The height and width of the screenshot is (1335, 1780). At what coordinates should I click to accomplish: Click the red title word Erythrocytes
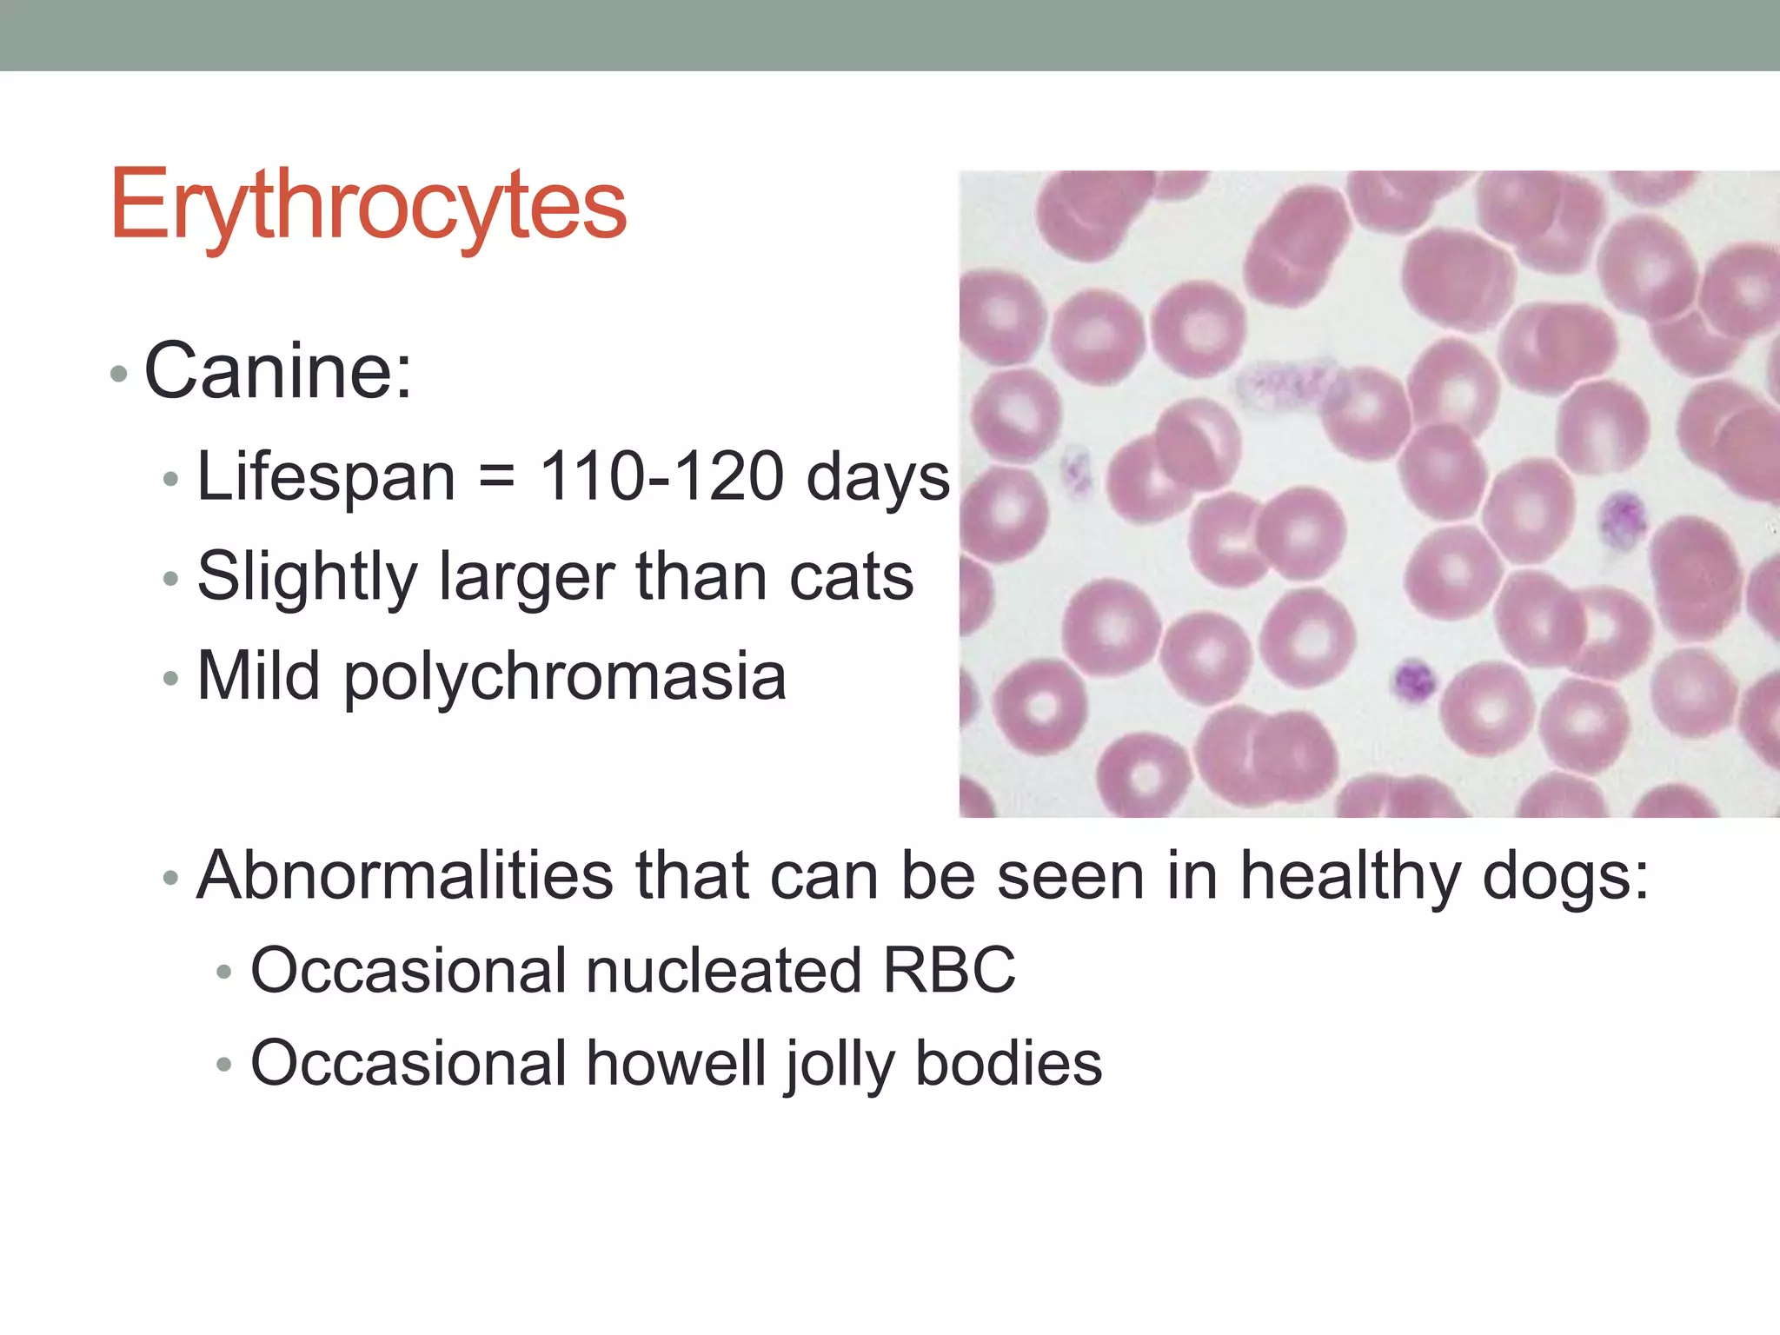click(369, 205)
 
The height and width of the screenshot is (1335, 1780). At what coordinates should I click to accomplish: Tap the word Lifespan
click(326, 477)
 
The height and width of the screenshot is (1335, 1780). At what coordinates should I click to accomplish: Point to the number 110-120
click(661, 477)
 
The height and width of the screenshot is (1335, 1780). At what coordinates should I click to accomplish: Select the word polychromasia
click(565, 678)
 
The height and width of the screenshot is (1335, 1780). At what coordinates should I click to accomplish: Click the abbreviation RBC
click(948, 971)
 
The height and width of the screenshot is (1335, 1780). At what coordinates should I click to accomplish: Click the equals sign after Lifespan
click(496, 479)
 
